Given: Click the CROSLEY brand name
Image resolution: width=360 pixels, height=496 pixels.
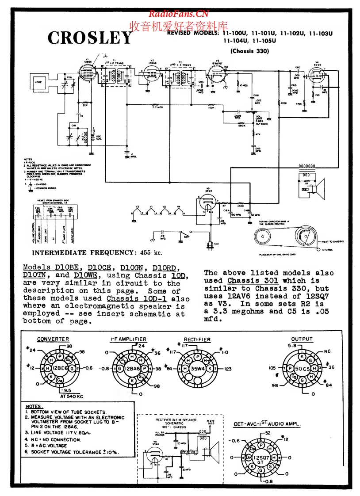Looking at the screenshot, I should pos(90,38).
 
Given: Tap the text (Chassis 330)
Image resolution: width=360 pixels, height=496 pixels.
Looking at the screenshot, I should pos(250,51).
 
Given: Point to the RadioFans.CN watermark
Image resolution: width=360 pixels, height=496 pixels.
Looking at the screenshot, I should pos(178,14).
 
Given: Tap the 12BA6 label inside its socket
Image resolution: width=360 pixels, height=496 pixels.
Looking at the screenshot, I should pos(131,368).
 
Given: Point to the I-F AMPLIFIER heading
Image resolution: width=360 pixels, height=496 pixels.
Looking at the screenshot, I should pos(128,340).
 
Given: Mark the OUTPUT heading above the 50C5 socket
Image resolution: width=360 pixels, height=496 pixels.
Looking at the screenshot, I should pos(302,340).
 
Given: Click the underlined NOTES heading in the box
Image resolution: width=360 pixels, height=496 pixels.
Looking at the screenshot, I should pos(34,406).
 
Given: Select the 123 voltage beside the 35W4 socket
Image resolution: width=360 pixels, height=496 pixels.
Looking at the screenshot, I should pos(227,368).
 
